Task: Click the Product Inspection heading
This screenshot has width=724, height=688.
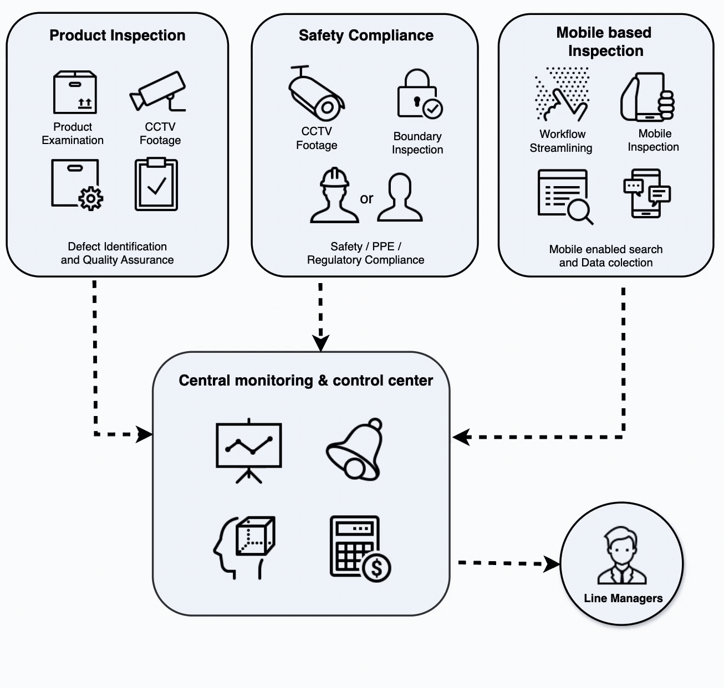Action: [117, 35]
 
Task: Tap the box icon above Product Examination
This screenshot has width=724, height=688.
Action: [75, 93]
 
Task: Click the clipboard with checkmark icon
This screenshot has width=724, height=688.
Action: [156, 185]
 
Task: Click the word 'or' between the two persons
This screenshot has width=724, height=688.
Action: [366, 198]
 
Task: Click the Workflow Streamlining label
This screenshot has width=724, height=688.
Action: [561, 141]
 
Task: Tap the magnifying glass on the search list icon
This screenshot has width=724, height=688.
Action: [580, 211]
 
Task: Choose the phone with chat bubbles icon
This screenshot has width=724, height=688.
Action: [646, 193]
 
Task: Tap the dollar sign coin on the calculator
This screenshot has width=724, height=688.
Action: [376, 567]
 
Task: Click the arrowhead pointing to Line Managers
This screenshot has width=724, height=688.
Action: [552, 564]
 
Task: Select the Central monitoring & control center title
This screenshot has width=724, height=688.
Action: [305, 381]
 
